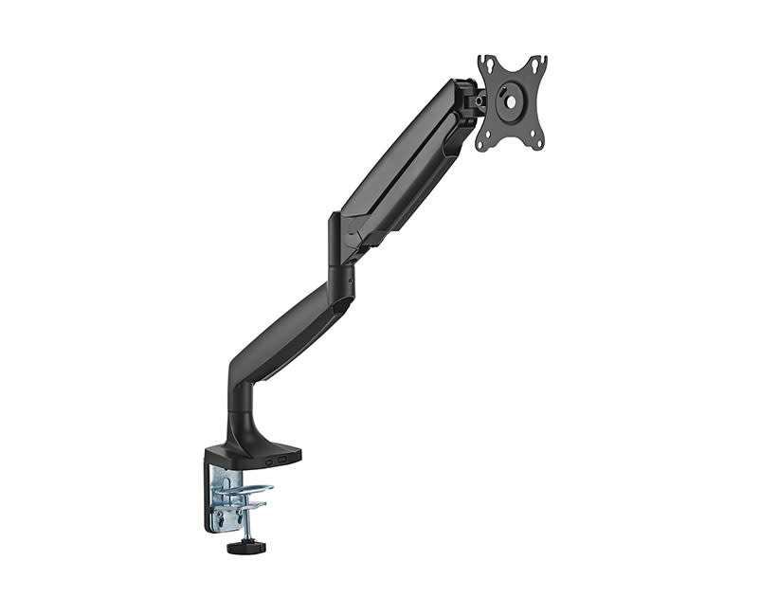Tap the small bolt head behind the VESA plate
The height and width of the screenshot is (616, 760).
coord(480,100)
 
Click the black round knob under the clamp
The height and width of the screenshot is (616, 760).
coord(245,547)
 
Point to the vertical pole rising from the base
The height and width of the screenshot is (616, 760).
coord(236,408)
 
